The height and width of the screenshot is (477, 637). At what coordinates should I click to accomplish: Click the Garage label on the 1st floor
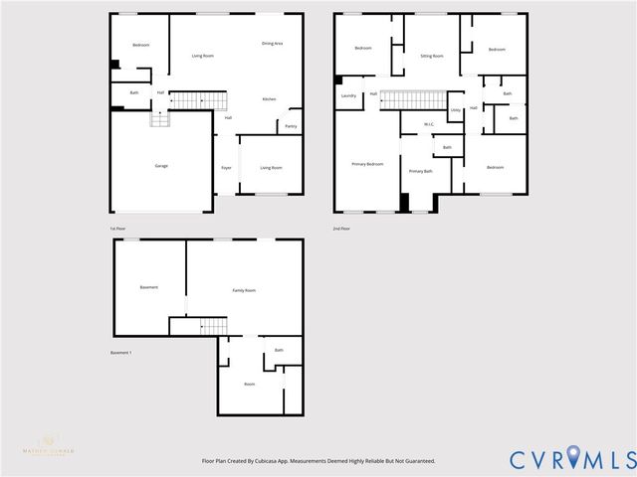pyautogui.click(x=161, y=165)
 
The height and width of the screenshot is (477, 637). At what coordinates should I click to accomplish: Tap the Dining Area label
pyautogui.click(x=272, y=44)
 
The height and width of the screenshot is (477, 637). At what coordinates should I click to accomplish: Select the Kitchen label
pyautogui.click(x=269, y=99)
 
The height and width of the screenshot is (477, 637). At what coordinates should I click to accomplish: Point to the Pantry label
pyautogui.click(x=291, y=126)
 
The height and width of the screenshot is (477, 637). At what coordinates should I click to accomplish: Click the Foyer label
pyautogui.click(x=226, y=167)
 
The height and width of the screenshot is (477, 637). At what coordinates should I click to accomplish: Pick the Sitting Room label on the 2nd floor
pyautogui.click(x=431, y=57)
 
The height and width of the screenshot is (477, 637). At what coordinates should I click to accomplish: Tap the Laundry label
pyautogui.click(x=348, y=95)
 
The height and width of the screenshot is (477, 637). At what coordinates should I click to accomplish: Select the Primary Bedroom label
pyautogui.click(x=367, y=163)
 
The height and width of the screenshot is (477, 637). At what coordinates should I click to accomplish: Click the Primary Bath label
pyautogui.click(x=420, y=171)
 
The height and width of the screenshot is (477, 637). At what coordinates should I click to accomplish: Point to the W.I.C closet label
pyautogui.click(x=428, y=124)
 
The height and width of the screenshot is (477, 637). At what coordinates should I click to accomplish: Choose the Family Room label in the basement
pyautogui.click(x=244, y=290)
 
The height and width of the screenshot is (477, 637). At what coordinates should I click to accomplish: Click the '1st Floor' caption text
pyautogui.click(x=118, y=228)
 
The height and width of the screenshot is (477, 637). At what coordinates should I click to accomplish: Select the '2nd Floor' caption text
pyautogui.click(x=341, y=228)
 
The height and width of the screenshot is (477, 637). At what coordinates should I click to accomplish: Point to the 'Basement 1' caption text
pyautogui.click(x=120, y=353)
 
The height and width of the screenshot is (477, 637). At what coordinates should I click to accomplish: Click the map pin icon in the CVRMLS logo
pyautogui.click(x=572, y=459)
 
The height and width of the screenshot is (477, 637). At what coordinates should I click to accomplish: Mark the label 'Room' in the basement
pyautogui.click(x=250, y=384)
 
